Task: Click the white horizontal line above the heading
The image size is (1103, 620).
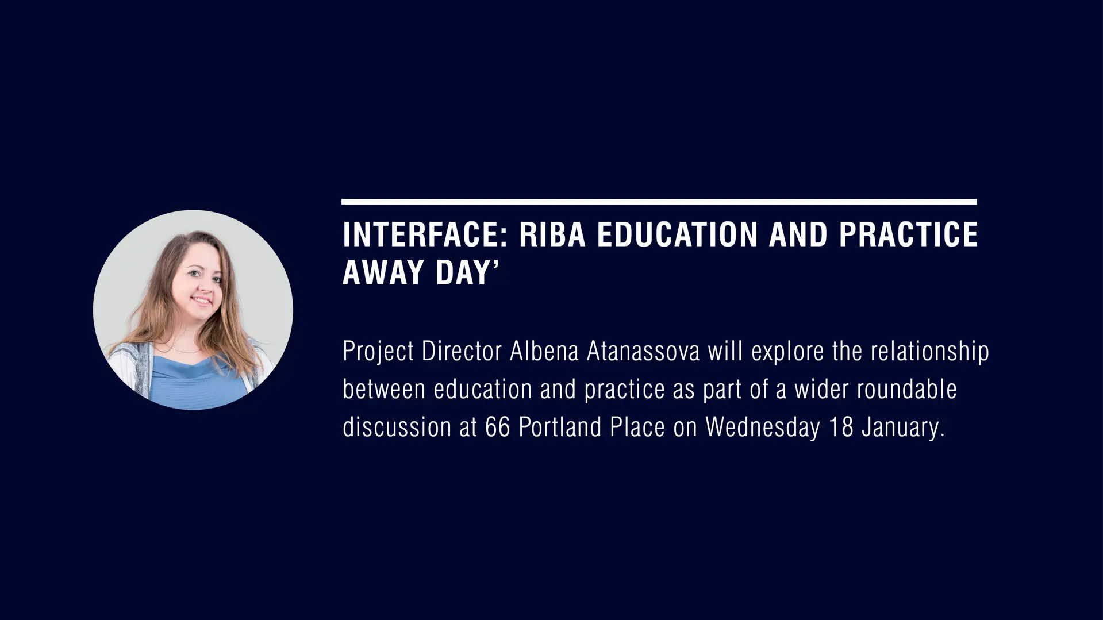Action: click(659, 202)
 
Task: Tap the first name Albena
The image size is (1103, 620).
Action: click(544, 352)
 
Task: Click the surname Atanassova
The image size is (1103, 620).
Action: click(643, 352)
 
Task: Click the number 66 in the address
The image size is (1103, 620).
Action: click(498, 428)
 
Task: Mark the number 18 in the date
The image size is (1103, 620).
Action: click(841, 428)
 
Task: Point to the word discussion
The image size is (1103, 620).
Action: click(397, 428)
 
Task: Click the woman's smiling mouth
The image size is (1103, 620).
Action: click(202, 300)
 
